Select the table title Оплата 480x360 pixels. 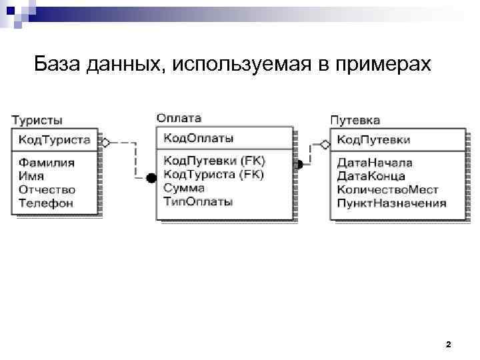(x=179, y=118)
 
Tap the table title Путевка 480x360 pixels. (x=355, y=120)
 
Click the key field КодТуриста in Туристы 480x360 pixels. (x=54, y=140)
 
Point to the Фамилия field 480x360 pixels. (x=46, y=162)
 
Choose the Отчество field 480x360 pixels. (x=47, y=189)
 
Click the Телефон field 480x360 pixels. (x=45, y=203)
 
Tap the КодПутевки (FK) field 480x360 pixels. (x=213, y=161)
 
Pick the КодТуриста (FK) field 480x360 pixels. (x=213, y=175)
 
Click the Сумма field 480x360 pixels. (x=184, y=188)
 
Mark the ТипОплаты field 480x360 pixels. (x=198, y=201)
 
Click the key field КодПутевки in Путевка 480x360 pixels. (x=373, y=140)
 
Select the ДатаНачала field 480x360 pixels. (x=375, y=162)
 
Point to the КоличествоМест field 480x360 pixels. (x=387, y=189)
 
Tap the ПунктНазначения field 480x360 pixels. (x=391, y=203)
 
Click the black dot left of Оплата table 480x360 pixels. (x=151, y=177)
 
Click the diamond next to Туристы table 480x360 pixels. (x=105, y=143)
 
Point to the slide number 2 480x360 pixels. (x=448, y=345)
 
